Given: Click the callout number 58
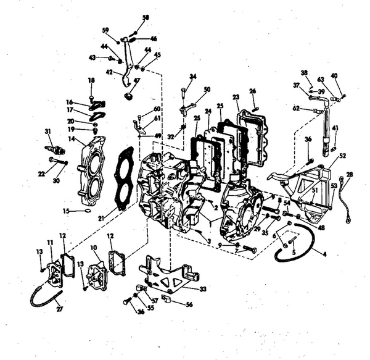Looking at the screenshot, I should (146, 17).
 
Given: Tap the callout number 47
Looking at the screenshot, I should (137, 80).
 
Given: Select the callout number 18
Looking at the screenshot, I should (91, 80).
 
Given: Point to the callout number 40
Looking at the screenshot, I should (334, 76).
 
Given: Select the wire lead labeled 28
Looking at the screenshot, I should (347, 198).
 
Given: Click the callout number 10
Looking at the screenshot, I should (94, 248).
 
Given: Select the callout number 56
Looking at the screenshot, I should (189, 304).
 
